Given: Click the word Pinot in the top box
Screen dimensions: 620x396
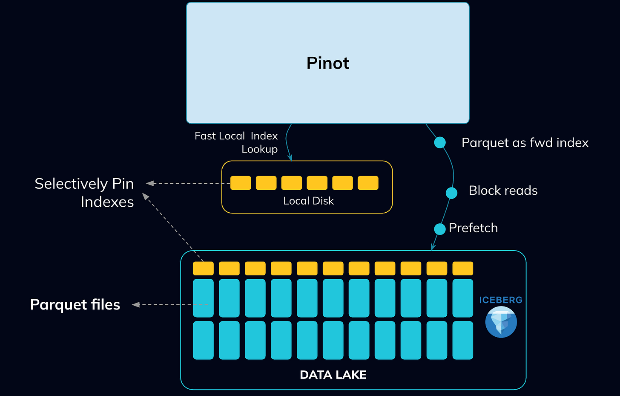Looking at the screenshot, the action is pyautogui.click(x=328, y=63).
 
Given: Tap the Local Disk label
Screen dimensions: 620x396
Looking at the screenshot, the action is pyautogui.click(x=308, y=201).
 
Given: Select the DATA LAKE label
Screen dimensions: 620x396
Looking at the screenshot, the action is pyautogui.click(x=333, y=375).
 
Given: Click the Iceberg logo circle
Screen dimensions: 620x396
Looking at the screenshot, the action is pyautogui.click(x=501, y=323).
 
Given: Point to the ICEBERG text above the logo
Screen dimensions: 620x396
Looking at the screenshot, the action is pyautogui.click(x=501, y=300).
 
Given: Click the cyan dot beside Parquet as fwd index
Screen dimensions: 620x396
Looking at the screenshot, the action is pyautogui.click(x=440, y=142).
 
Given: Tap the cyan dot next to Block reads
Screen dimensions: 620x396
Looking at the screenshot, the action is pyautogui.click(x=451, y=193).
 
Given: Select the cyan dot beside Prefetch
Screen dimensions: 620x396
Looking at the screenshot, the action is pyautogui.click(x=440, y=229).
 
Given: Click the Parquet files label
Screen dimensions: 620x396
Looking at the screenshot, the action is pyautogui.click(x=75, y=304).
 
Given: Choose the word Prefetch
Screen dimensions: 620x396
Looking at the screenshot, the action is pyautogui.click(x=474, y=228).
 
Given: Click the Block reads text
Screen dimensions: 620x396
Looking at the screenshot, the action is pyautogui.click(x=503, y=191).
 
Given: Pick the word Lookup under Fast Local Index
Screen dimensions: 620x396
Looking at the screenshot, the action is pyautogui.click(x=260, y=149).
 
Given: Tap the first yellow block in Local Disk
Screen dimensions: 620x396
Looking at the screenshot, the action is pyautogui.click(x=241, y=183).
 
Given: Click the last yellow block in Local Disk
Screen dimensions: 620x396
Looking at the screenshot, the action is pyautogui.click(x=368, y=183).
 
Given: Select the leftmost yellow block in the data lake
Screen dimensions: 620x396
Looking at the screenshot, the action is pyautogui.click(x=204, y=268).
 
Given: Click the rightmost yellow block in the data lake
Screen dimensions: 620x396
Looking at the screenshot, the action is pyautogui.click(x=463, y=268).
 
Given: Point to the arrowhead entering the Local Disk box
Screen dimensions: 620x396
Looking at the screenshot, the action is pyautogui.click(x=290, y=158).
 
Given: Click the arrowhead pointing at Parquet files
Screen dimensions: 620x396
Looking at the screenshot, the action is pyautogui.click(x=135, y=305).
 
